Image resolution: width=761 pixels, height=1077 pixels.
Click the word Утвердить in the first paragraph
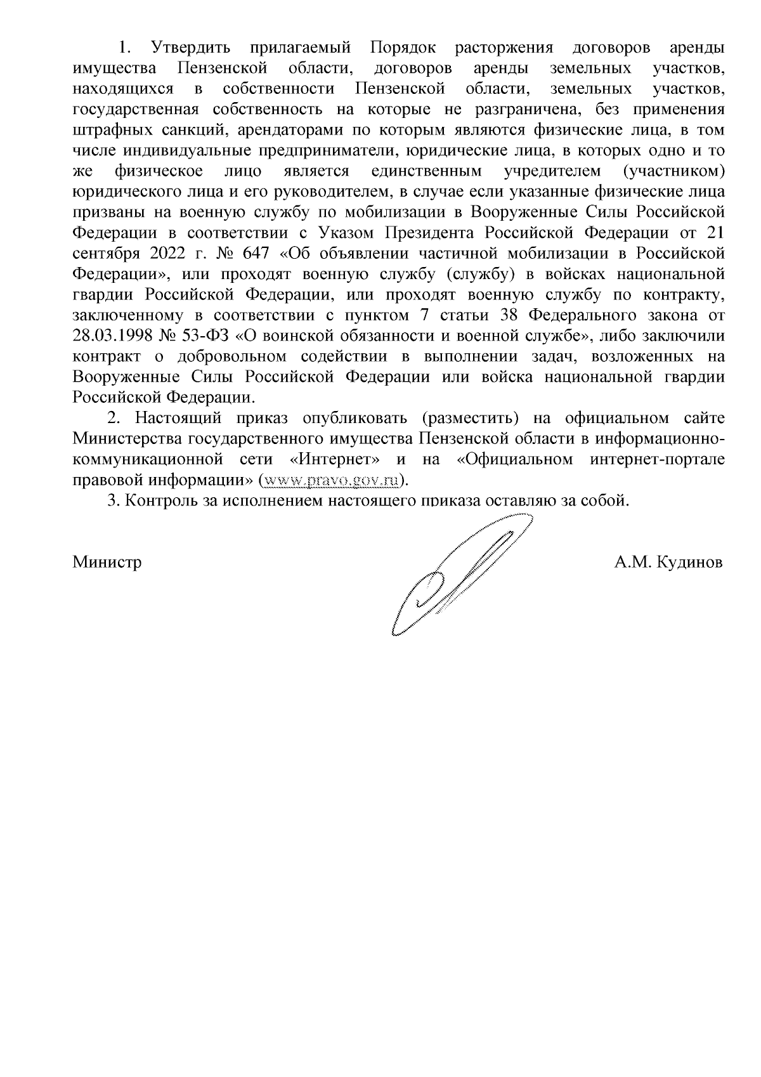point(189,48)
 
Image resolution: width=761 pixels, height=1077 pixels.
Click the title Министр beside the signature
point(107,563)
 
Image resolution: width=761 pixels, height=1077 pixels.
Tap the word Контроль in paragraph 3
point(155,501)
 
